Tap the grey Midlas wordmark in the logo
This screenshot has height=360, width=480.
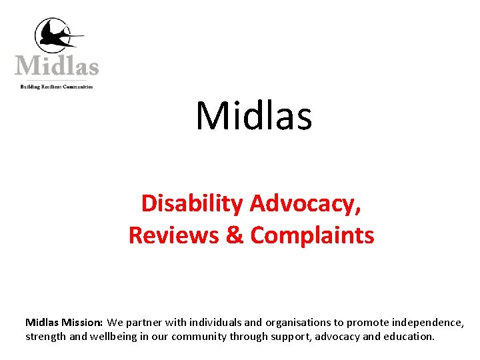57,66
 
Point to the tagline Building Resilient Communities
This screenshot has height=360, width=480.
57,87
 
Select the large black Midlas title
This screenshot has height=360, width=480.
253,115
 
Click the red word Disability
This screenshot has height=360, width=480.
192,203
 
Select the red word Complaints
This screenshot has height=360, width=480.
312,235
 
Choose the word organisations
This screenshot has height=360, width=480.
296,323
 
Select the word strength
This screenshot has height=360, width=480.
45,337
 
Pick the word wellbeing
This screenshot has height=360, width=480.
113,337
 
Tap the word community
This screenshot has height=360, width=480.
199,337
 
